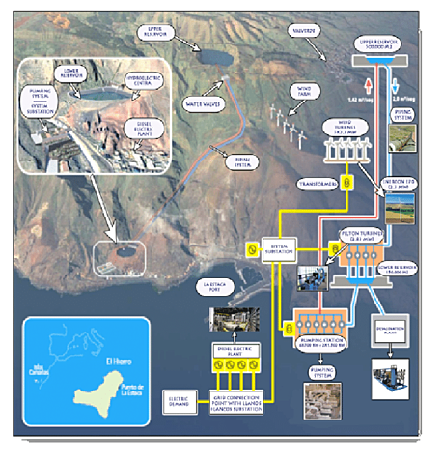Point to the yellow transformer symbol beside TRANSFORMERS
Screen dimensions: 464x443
point(349,182)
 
